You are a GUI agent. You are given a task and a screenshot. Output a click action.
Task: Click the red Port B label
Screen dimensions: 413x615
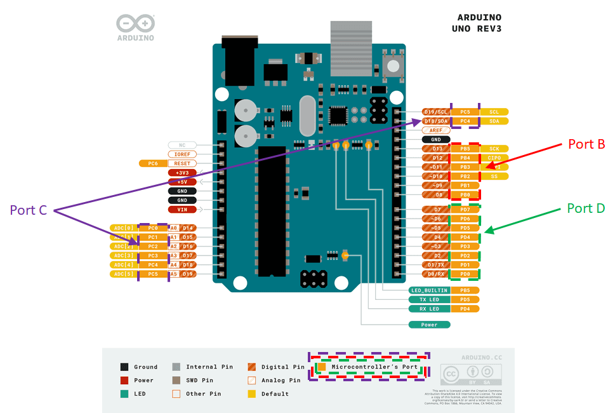[586, 144]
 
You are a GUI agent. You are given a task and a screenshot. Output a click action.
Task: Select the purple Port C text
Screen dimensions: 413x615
[29, 210]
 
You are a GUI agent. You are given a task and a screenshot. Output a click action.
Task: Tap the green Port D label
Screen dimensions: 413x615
[585, 208]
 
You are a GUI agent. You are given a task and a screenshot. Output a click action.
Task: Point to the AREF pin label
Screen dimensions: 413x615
[436, 130]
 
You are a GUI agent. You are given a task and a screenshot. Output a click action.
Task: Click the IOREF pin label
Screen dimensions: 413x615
[182, 154]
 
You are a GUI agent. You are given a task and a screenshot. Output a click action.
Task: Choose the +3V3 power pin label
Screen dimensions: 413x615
[182, 172]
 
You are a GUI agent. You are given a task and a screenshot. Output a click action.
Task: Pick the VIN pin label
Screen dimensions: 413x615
[182, 209]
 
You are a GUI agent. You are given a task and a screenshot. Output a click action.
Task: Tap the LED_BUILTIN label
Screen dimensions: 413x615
[430, 290]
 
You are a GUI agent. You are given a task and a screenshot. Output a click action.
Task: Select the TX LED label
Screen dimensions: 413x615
[430, 299]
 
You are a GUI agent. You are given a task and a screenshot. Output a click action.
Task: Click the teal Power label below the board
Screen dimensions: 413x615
[430, 325]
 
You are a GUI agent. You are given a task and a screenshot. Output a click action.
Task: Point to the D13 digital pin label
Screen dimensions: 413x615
[436, 149]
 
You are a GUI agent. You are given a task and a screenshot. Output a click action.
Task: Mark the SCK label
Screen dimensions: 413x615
[494, 149]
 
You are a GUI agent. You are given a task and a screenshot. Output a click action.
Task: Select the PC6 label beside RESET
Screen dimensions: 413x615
[152, 163]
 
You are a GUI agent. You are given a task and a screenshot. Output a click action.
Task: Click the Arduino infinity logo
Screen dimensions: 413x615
[135, 24]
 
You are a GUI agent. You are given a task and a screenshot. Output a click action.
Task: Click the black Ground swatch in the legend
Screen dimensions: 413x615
[124, 367]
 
